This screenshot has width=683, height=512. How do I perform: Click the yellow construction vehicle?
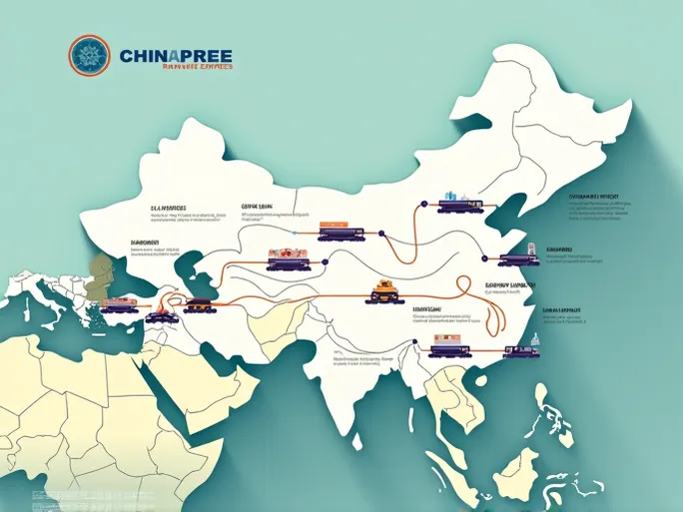pyautogui.click(x=384, y=291)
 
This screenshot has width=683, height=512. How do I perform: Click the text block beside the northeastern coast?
pyautogui.click(x=599, y=206)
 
